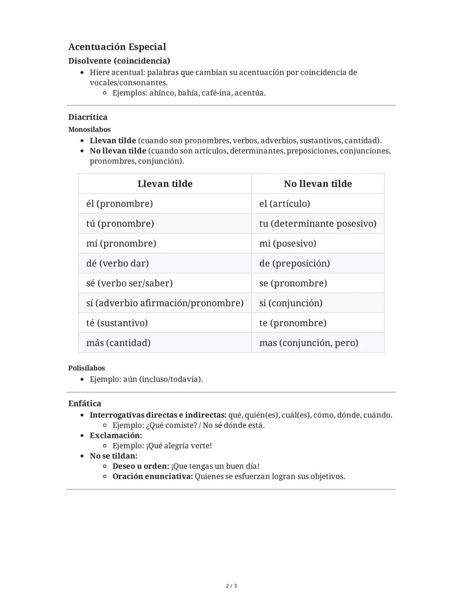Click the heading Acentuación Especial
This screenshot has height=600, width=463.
point(117,47)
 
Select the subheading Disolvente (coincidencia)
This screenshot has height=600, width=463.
point(119,61)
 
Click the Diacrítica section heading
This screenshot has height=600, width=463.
point(88,117)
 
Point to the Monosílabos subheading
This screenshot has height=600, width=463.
point(89,129)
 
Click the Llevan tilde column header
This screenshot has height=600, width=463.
point(165,184)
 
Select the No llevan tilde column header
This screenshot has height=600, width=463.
point(318,184)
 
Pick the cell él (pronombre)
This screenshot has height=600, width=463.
point(120,204)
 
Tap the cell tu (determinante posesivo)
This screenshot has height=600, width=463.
point(318,224)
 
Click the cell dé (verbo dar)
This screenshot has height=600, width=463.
point(117,263)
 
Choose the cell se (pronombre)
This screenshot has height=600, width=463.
point(293,283)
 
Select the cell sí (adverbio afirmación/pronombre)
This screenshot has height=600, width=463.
point(165,303)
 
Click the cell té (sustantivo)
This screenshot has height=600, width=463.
point(117,323)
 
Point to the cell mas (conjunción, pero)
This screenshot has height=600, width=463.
point(309,343)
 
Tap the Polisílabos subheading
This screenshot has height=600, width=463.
point(87,368)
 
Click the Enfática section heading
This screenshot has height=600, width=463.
point(85,404)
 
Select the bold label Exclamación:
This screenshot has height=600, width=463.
point(116,436)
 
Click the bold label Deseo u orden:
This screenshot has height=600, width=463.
point(141,466)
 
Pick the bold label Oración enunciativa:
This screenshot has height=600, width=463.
point(153,477)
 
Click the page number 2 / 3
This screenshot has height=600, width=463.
point(231,586)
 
